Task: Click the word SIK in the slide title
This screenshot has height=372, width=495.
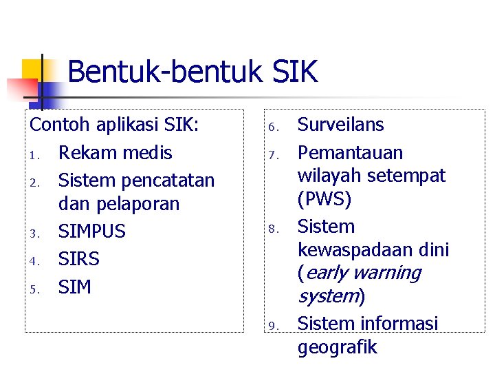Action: coord(291,72)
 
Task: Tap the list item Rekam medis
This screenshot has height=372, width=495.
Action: coord(115,152)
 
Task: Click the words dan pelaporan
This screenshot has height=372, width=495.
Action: coord(119,204)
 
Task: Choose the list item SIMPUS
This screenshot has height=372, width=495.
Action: coord(92,231)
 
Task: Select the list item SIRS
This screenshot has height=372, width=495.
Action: coord(79,259)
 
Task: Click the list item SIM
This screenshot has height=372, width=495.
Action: coord(74,287)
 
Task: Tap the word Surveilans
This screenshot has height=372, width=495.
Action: coord(340,125)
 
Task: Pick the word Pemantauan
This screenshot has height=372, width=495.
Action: coord(350,152)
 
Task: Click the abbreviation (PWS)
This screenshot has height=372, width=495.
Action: coord(324,200)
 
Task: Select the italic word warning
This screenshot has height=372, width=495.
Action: coord(387,273)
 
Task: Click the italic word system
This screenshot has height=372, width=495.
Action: coord(329,297)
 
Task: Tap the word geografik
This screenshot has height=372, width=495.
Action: coord(337,347)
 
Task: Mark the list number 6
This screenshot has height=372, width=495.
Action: coord(272,127)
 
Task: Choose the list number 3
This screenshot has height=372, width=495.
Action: coord(34,234)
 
